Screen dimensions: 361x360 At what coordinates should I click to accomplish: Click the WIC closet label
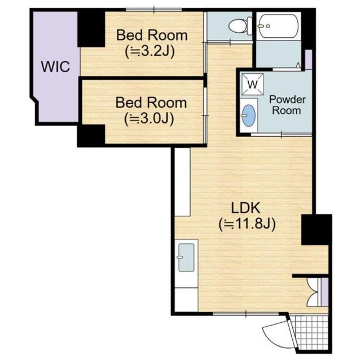[x=55, y=66]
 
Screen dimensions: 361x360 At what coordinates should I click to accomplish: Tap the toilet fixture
[x=241, y=26]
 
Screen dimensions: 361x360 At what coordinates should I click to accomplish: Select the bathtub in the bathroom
[x=279, y=26]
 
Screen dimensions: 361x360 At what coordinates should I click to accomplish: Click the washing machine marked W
[x=253, y=84]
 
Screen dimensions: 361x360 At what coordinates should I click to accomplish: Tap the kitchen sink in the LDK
[x=186, y=257]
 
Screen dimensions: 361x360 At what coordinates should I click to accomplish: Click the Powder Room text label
[x=287, y=105]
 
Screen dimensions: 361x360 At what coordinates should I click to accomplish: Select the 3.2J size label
[x=149, y=52]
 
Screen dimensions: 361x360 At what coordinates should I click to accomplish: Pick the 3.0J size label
[x=149, y=119]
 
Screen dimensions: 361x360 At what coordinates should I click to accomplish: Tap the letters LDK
[x=245, y=208]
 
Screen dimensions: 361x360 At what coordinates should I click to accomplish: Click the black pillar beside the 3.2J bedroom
[x=91, y=29]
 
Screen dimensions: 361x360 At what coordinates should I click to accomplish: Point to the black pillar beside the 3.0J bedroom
[x=91, y=135]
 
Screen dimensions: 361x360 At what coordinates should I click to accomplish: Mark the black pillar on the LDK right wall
[x=316, y=230]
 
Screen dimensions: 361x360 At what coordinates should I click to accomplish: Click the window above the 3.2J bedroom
[x=154, y=10]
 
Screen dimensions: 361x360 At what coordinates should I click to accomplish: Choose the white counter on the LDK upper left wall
[x=182, y=182]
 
